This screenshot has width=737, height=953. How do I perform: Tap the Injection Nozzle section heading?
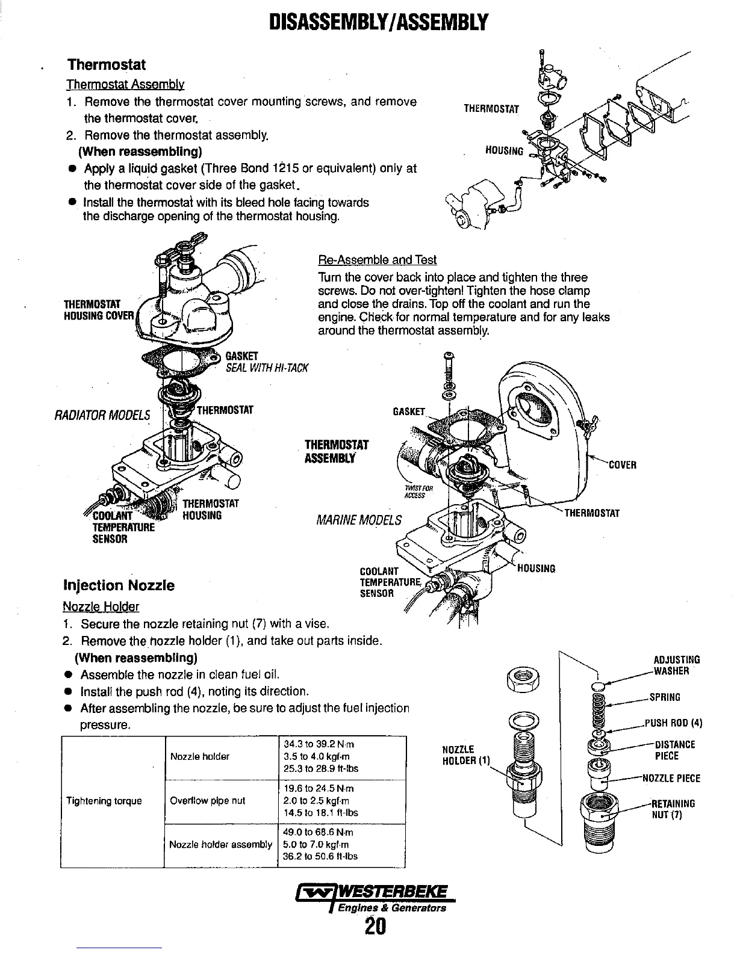[119, 585]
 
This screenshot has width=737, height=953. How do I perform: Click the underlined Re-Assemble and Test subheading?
[377, 260]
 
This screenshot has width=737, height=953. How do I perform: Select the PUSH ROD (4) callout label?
[673, 723]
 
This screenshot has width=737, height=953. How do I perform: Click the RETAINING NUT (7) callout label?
[674, 809]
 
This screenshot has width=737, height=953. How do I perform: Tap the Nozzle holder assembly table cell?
[221, 845]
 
